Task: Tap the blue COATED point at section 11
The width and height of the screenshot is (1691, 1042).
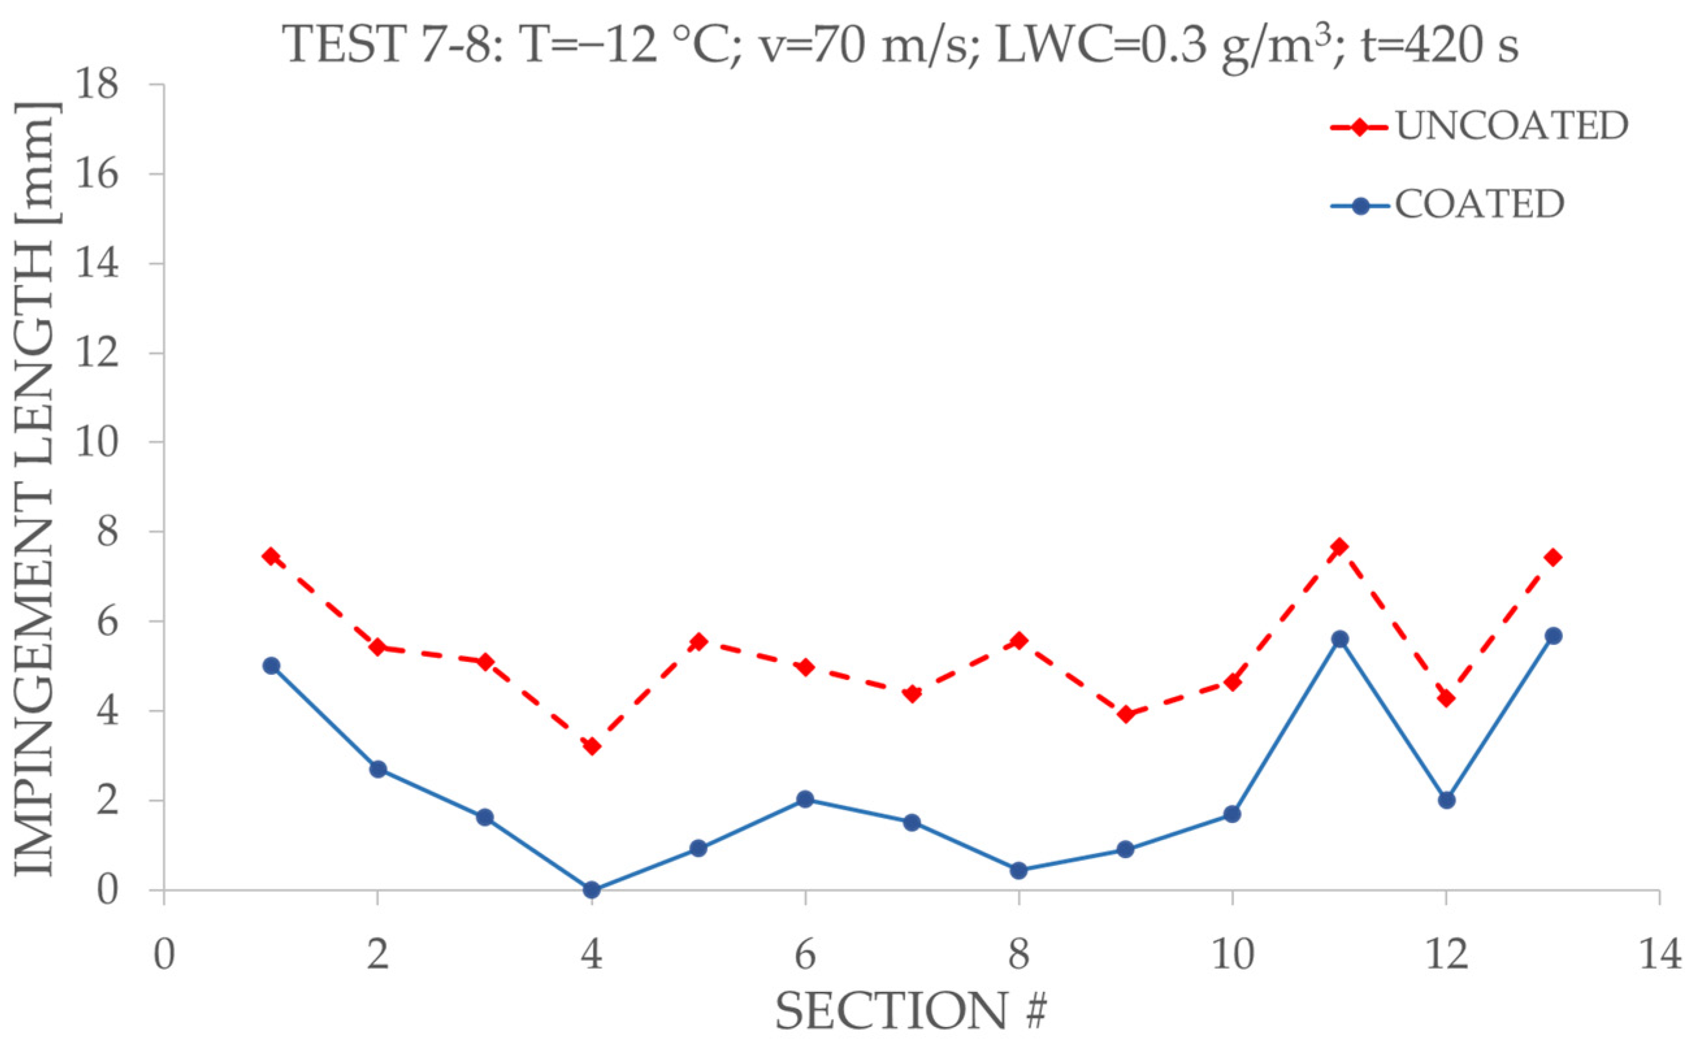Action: click(x=1339, y=639)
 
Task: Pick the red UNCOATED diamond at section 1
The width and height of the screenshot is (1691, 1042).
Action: click(x=271, y=556)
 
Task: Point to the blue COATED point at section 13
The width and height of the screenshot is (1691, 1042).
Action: click(x=1553, y=635)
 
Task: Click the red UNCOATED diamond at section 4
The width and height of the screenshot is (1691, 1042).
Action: click(x=591, y=746)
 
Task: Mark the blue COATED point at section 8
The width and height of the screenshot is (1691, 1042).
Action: click(x=1018, y=870)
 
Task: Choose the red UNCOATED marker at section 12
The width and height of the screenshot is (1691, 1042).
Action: click(x=1446, y=698)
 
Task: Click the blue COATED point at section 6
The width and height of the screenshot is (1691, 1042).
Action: click(x=805, y=800)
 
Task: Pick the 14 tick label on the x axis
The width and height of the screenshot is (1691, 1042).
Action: click(x=1659, y=956)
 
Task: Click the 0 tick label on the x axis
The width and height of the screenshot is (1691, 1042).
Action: click(x=164, y=956)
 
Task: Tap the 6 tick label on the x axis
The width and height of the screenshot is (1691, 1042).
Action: click(x=805, y=956)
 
